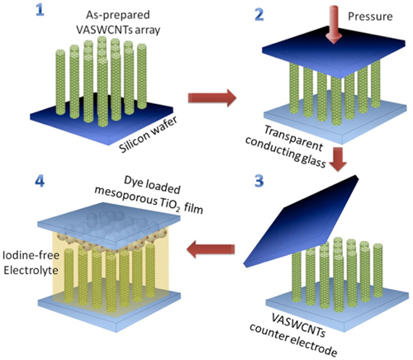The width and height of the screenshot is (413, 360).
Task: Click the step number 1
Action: coord(40,10)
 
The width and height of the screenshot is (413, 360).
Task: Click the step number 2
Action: coord(259,14)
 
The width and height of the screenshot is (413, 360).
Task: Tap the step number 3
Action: coord(259,181)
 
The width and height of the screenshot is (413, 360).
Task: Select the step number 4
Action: coord(40,181)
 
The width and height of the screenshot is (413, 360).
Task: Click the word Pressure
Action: coord(370,17)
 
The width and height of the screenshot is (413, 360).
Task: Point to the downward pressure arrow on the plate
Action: coord(335,25)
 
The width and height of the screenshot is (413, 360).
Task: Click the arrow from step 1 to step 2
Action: coord(212,97)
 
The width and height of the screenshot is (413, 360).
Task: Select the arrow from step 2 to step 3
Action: coord(338,159)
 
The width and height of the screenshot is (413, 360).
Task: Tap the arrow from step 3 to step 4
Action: coord(211,249)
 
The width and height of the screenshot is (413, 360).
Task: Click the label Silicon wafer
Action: coord(148,135)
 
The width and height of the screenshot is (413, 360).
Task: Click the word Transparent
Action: coord(293,138)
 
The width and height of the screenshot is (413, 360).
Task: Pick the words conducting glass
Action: coord(286,152)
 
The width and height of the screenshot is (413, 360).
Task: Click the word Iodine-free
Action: coord(31,255)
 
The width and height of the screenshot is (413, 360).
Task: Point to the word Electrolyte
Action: coord(31,270)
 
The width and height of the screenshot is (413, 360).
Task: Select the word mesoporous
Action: coord(126,196)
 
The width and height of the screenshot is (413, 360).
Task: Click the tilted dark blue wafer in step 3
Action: coord(301,221)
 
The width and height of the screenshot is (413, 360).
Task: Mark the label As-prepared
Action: coord(118,15)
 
